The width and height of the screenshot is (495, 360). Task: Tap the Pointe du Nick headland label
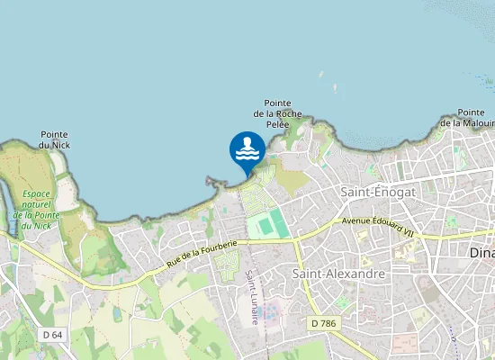[54, 139]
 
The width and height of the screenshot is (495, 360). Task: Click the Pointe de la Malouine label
[473, 117]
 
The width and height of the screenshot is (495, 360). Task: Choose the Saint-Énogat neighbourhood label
[377, 193]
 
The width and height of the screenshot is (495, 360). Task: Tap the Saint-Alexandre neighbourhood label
[339, 273]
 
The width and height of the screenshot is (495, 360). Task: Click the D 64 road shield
[53, 335]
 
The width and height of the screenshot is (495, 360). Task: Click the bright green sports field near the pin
[269, 225]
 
